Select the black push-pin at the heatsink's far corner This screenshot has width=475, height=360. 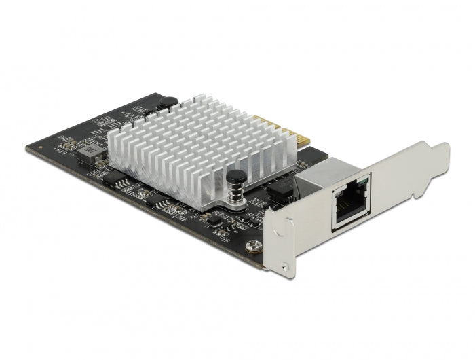(x=167, y=103)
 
